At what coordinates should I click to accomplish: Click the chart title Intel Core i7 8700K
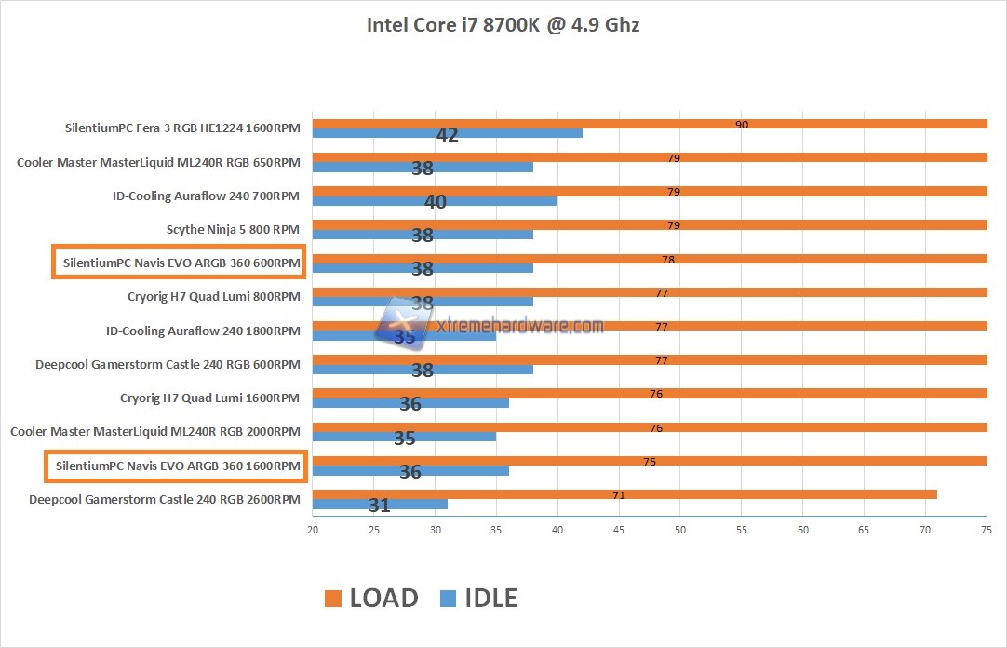pyautogui.click(x=503, y=25)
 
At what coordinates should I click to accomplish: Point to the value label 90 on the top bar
pyautogui.click(x=742, y=125)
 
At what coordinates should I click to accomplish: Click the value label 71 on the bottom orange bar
pyautogui.click(x=619, y=495)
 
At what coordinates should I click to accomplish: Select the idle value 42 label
pyautogui.click(x=448, y=135)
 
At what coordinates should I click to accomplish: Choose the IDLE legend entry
pyautogui.click(x=477, y=598)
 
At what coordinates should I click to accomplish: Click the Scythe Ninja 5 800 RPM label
pyautogui.click(x=233, y=229)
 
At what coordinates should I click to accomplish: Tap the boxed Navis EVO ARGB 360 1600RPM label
pyautogui.click(x=176, y=465)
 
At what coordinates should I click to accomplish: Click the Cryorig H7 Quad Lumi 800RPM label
pyautogui.click(x=214, y=297)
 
